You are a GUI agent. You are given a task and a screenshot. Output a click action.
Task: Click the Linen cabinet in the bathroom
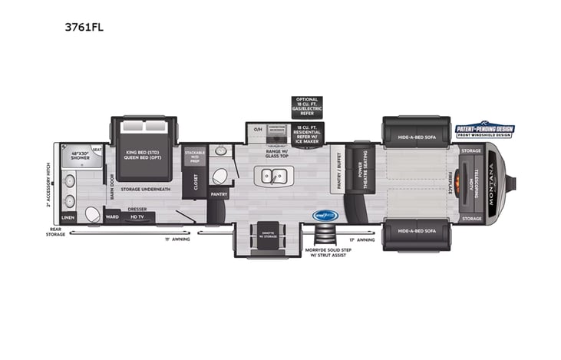[x=68, y=217]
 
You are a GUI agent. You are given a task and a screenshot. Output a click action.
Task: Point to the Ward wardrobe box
[x=111, y=216]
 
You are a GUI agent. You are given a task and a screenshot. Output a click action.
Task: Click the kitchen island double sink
[x=272, y=177]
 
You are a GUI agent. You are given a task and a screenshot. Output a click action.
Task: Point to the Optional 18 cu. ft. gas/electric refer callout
[x=306, y=106]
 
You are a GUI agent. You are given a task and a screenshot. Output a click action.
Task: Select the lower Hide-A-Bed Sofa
[x=416, y=235]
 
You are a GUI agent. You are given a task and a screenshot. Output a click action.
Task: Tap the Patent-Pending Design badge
[x=484, y=130]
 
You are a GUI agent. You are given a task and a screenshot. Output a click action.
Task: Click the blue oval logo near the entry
[x=325, y=216]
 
